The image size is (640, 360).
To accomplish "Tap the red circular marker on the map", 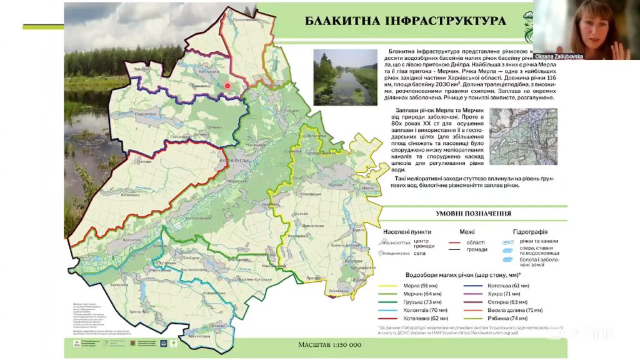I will click(x=227, y=86).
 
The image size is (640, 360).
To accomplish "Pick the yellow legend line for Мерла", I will click(x=391, y=285).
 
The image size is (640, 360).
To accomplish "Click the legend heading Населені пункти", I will click(x=409, y=231).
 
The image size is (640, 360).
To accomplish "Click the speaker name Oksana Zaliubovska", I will click(x=558, y=56).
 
